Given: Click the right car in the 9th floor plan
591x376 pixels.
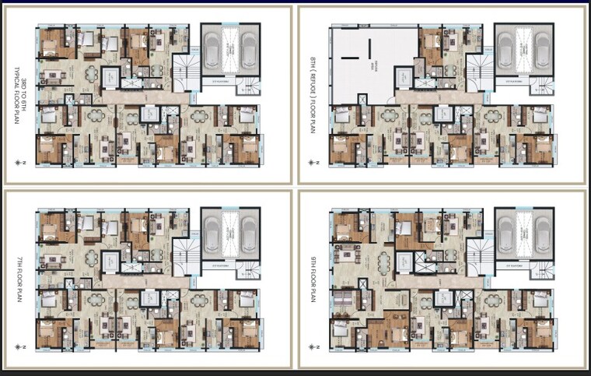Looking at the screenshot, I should pyautogui.click(x=544, y=230).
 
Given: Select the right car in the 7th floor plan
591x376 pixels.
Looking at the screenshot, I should pyautogui.click(x=249, y=230).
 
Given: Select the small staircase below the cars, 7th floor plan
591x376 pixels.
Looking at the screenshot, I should pyautogui.click(x=249, y=271).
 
